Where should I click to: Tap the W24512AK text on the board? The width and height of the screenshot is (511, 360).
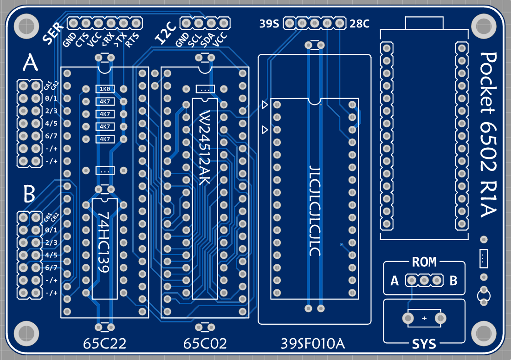coord(205,148)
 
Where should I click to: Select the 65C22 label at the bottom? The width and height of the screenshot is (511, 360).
coord(105,344)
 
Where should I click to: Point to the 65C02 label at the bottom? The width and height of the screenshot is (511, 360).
coord(205,344)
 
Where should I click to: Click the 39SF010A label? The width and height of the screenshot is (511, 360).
coord(313,344)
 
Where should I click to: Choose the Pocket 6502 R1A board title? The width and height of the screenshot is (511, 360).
coord(488,135)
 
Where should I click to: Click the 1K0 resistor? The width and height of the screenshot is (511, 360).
coord(104,89)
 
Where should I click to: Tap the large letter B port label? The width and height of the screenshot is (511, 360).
coord(29,194)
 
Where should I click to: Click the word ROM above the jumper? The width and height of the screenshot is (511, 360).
coord(424,262)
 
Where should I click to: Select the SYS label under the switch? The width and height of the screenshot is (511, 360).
coord(424,344)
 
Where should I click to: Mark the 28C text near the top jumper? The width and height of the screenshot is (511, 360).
coord(360,24)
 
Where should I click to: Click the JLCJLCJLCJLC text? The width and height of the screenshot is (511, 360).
coord(315,210)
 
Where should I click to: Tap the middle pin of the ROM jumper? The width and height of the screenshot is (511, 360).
coord(424,280)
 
